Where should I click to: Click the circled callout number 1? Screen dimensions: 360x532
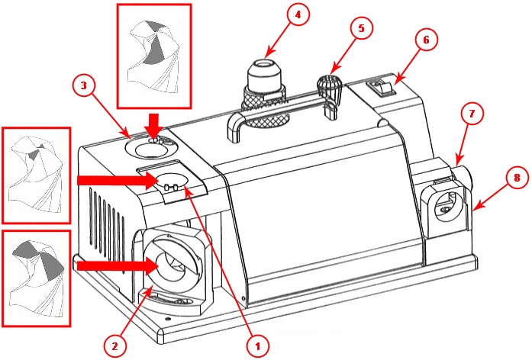point(257,346)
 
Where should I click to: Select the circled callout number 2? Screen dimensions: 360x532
point(114,346)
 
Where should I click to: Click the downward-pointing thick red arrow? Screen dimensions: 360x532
point(154,124)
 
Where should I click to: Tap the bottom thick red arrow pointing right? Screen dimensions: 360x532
point(116,265)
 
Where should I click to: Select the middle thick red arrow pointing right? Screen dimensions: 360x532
point(115,180)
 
